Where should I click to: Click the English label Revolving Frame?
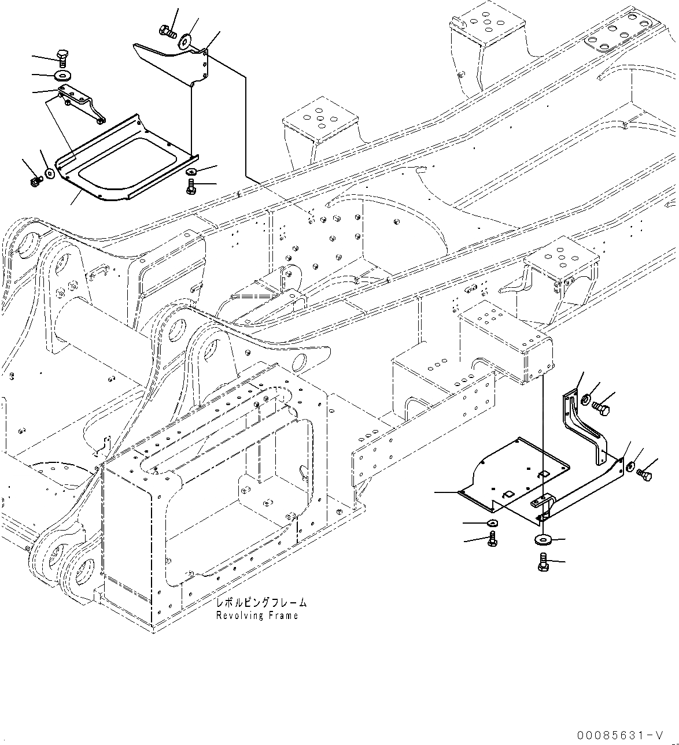(257, 616)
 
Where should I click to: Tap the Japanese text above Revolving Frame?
(261, 603)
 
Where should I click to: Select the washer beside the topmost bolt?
(186, 42)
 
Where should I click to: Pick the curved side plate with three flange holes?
(174, 58)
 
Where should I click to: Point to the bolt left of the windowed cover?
(34, 183)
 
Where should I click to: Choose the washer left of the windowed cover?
(50, 173)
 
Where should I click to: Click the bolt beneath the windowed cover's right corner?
(191, 187)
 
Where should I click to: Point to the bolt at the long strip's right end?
(643, 473)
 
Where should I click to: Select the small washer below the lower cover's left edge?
(492, 523)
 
